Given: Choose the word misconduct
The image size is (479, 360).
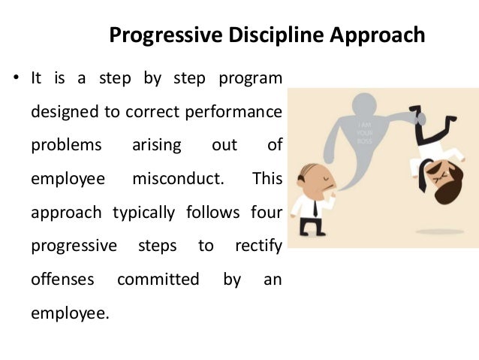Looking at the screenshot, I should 179,178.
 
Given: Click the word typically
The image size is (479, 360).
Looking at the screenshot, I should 143,211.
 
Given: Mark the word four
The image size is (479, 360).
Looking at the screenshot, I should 267,211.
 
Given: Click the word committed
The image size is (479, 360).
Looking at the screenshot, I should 158,279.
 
